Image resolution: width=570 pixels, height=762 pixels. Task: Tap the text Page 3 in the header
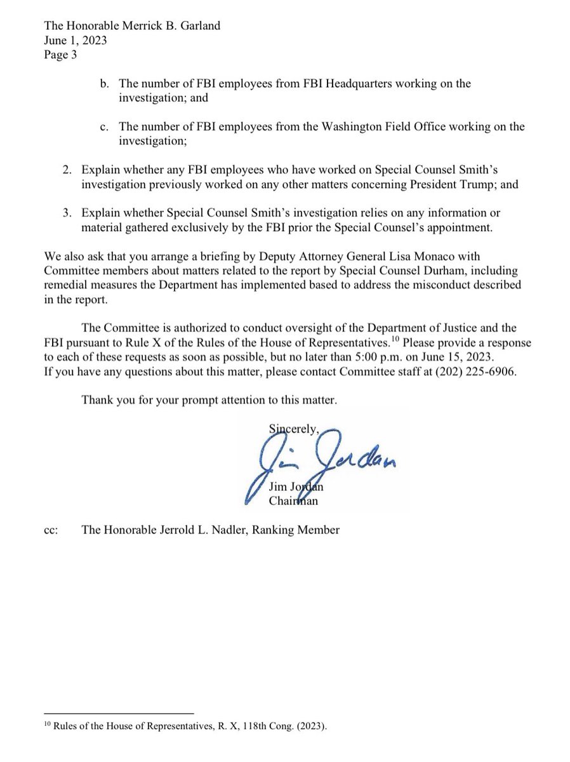(61, 55)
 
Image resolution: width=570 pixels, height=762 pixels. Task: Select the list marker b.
(105, 84)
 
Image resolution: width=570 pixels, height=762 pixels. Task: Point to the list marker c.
(105, 127)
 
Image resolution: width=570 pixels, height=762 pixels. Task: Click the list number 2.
(67, 170)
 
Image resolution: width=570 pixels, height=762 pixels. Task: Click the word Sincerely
(294, 429)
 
